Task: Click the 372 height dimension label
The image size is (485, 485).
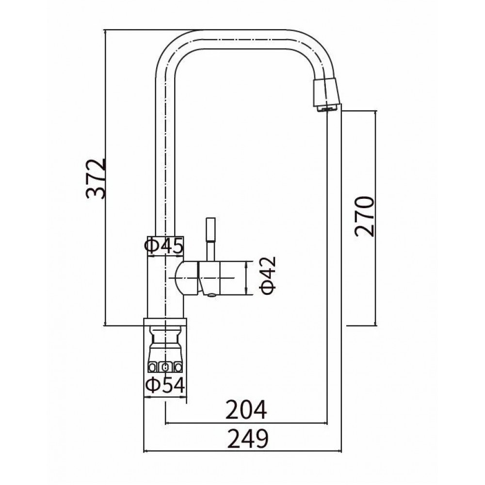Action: point(96,179)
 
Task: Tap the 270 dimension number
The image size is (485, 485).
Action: point(364,216)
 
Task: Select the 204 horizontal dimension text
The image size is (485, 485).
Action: point(246,410)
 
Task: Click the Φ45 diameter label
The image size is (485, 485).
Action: point(164,246)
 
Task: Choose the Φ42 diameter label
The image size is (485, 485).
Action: point(268,275)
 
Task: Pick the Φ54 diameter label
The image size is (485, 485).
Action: point(165,385)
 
